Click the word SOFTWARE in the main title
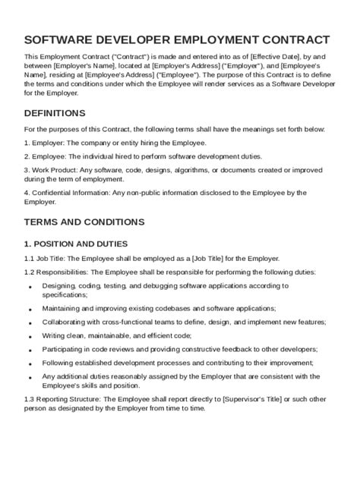coord(62,39)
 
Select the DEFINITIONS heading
coord(55,113)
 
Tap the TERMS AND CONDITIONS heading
coord(84,222)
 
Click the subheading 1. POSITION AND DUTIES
coord(76,244)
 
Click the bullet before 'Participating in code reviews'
coord(30,351)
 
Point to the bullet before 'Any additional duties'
coord(30,377)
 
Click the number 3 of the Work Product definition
coord(26,170)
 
